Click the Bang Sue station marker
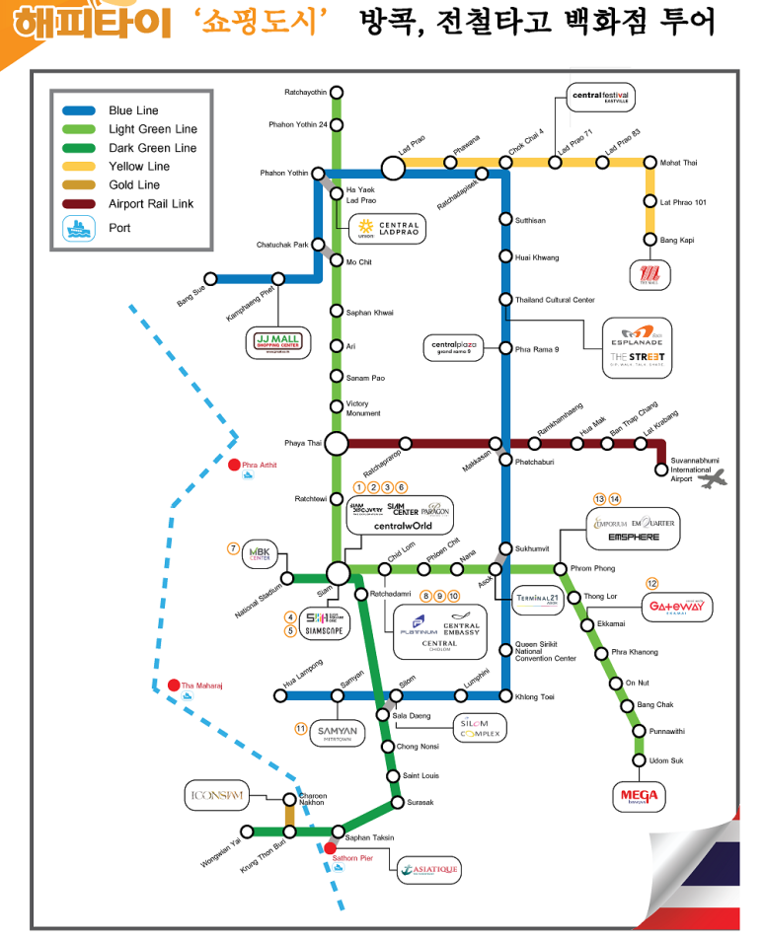pyautogui.click(x=210, y=279)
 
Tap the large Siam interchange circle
pyautogui.click(x=338, y=573)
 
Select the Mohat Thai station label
pyautogui.click(x=677, y=162)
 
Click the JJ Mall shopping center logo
pyautogui.click(x=277, y=342)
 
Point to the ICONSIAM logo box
pyautogui.click(x=215, y=794)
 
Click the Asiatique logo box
pyautogui.click(x=428, y=869)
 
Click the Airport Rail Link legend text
pyautogui.click(x=151, y=204)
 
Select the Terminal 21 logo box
pyautogui.click(x=539, y=599)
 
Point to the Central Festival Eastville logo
pyautogui.click(x=601, y=97)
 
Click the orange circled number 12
pyautogui.click(x=651, y=583)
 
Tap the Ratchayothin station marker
pyautogui.click(x=338, y=92)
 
